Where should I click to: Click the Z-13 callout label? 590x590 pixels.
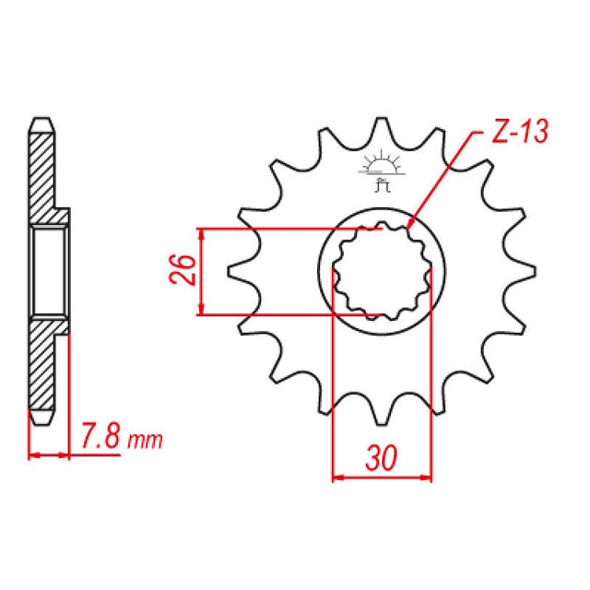(518, 133)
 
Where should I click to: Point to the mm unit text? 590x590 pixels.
(145, 440)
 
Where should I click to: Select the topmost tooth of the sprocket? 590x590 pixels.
(382, 127)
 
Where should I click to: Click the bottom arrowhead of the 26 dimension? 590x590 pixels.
(202, 311)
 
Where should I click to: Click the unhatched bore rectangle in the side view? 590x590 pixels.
(49, 272)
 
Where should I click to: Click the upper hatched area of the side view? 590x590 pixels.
(44, 175)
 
